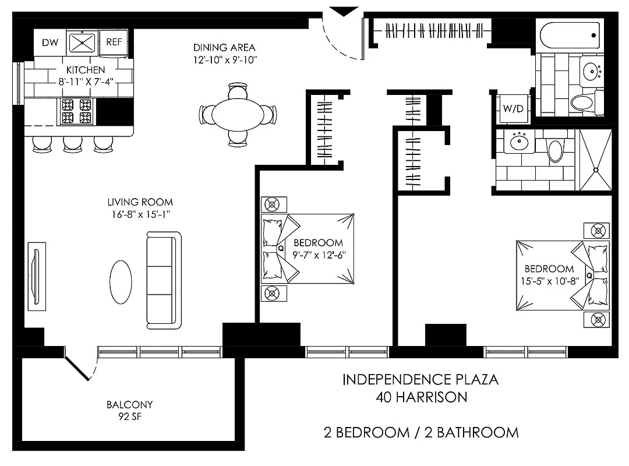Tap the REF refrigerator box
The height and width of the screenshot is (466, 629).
113,42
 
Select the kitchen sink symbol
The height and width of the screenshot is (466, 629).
82,42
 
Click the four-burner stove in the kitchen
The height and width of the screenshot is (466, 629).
76,111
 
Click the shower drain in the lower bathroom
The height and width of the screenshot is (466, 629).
596,170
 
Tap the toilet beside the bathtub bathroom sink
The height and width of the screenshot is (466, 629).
582,103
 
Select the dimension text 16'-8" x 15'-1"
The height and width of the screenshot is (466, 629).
140,214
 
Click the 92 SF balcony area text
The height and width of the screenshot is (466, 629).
129,416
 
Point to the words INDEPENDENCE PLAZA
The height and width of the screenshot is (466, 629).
420,380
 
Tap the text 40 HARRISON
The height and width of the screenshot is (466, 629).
420,397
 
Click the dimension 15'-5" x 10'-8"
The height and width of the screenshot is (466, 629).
549,280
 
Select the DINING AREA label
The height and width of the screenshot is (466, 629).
225,48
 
